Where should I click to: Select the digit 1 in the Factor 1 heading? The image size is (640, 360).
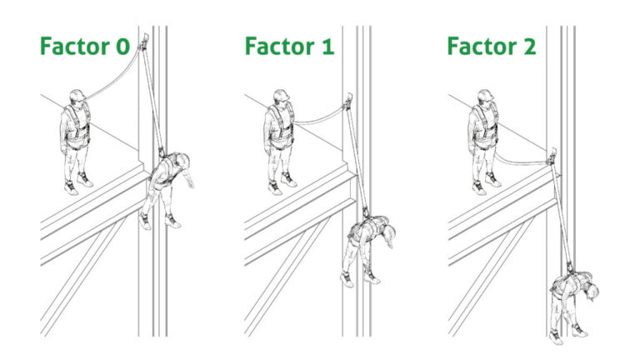[x=326, y=47]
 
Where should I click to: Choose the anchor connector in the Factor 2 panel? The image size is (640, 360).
[x=552, y=155]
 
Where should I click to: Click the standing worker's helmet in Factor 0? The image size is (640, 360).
[x=76, y=95]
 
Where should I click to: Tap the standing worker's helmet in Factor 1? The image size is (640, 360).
[x=281, y=95]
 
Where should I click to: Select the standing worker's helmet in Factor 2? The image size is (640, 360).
[x=484, y=95]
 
